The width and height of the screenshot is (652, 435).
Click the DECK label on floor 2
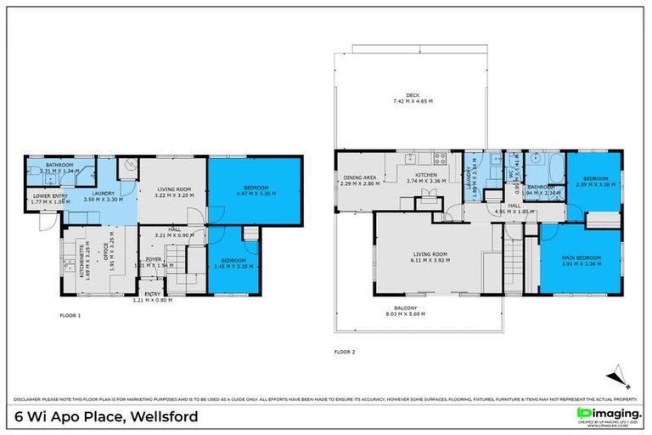(x=413, y=94)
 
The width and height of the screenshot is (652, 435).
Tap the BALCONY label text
(x=413, y=308)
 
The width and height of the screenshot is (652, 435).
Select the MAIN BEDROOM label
(x=581, y=257)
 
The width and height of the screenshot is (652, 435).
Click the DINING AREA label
(x=357, y=178)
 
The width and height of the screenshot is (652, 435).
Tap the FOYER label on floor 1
(x=153, y=259)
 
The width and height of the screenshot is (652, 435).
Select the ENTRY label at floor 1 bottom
(x=153, y=293)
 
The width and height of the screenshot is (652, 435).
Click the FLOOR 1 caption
(x=70, y=315)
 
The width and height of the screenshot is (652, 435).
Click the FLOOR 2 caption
(x=344, y=351)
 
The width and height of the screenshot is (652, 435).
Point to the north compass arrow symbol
(x=617, y=375)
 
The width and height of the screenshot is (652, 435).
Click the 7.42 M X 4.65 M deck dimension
(x=413, y=101)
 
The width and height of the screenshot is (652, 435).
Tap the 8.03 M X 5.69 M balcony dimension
(x=413, y=315)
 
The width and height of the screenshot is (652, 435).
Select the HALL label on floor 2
(x=514, y=205)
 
